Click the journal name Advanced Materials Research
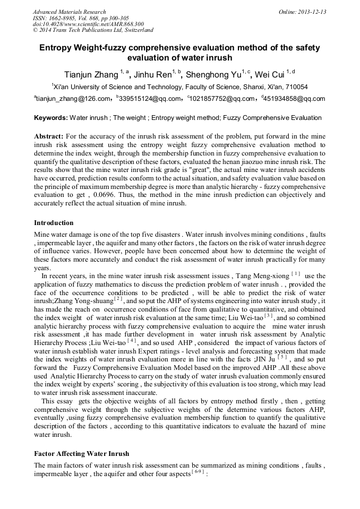(x=69, y=12)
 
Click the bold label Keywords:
(x=51, y=118)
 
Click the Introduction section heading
(x=54, y=222)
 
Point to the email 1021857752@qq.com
(x=222, y=99)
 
